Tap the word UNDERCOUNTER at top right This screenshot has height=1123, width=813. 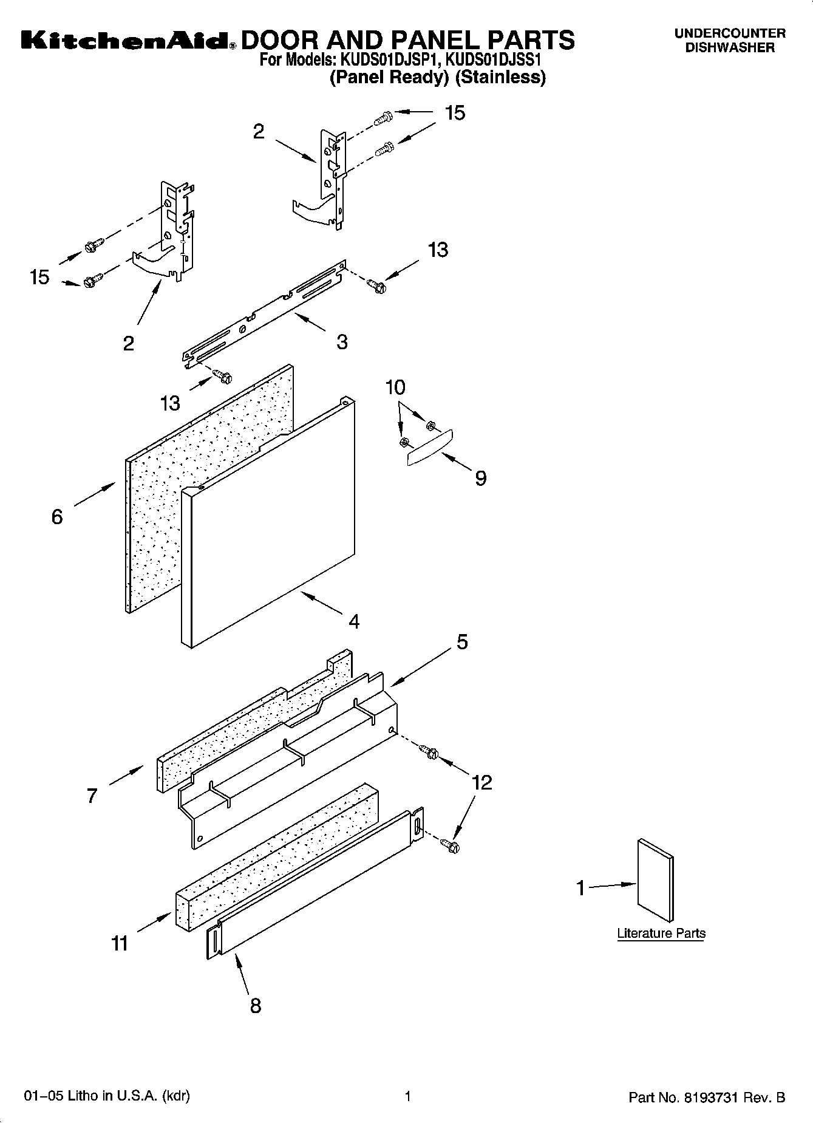(729, 34)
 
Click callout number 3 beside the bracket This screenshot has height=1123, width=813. (342, 342)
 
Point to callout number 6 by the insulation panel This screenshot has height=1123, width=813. (57, 517)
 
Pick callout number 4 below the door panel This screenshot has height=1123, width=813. (354, 621)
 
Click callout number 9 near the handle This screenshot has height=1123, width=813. (480, 479)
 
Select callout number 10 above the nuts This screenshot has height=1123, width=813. (396, 387)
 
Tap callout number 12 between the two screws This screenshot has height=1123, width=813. (481, 782)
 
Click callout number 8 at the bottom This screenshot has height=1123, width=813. (256, 1005)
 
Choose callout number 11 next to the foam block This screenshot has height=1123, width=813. (120, 943)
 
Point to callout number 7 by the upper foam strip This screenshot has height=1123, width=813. (92, 796)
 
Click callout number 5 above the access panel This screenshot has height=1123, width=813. (462, 642)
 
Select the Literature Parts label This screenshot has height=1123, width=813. (661, 933)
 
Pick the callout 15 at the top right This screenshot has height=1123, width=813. (455, 113)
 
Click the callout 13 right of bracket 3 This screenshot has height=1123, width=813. (438, 250)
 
